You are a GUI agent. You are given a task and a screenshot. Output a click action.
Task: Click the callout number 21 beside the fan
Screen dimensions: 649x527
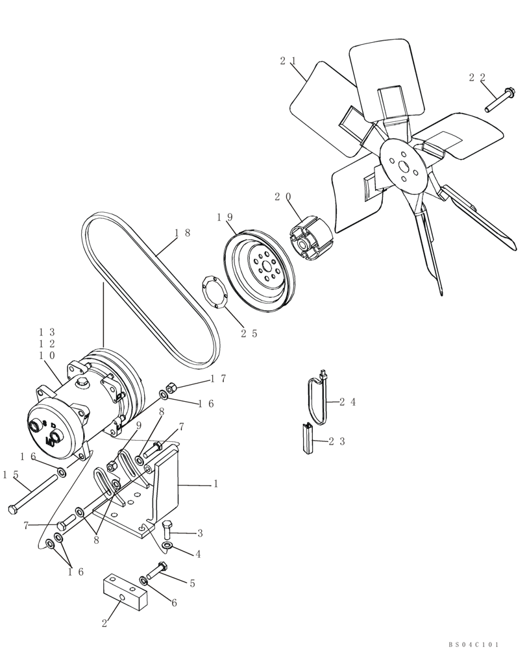coord(288,61)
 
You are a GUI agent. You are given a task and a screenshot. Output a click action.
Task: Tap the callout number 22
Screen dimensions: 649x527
coord(476,77)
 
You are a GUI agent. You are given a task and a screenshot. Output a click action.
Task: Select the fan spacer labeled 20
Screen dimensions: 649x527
coord(308,238)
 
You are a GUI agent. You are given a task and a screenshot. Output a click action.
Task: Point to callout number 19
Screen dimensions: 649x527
coord(225,217)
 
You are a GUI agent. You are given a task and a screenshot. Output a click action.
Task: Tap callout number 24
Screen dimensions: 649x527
coord(348,402)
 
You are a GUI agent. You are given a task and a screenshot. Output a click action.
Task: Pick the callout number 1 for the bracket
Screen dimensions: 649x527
coord(215,484)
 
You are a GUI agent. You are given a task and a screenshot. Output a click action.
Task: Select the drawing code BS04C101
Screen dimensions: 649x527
coord(473,644)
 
